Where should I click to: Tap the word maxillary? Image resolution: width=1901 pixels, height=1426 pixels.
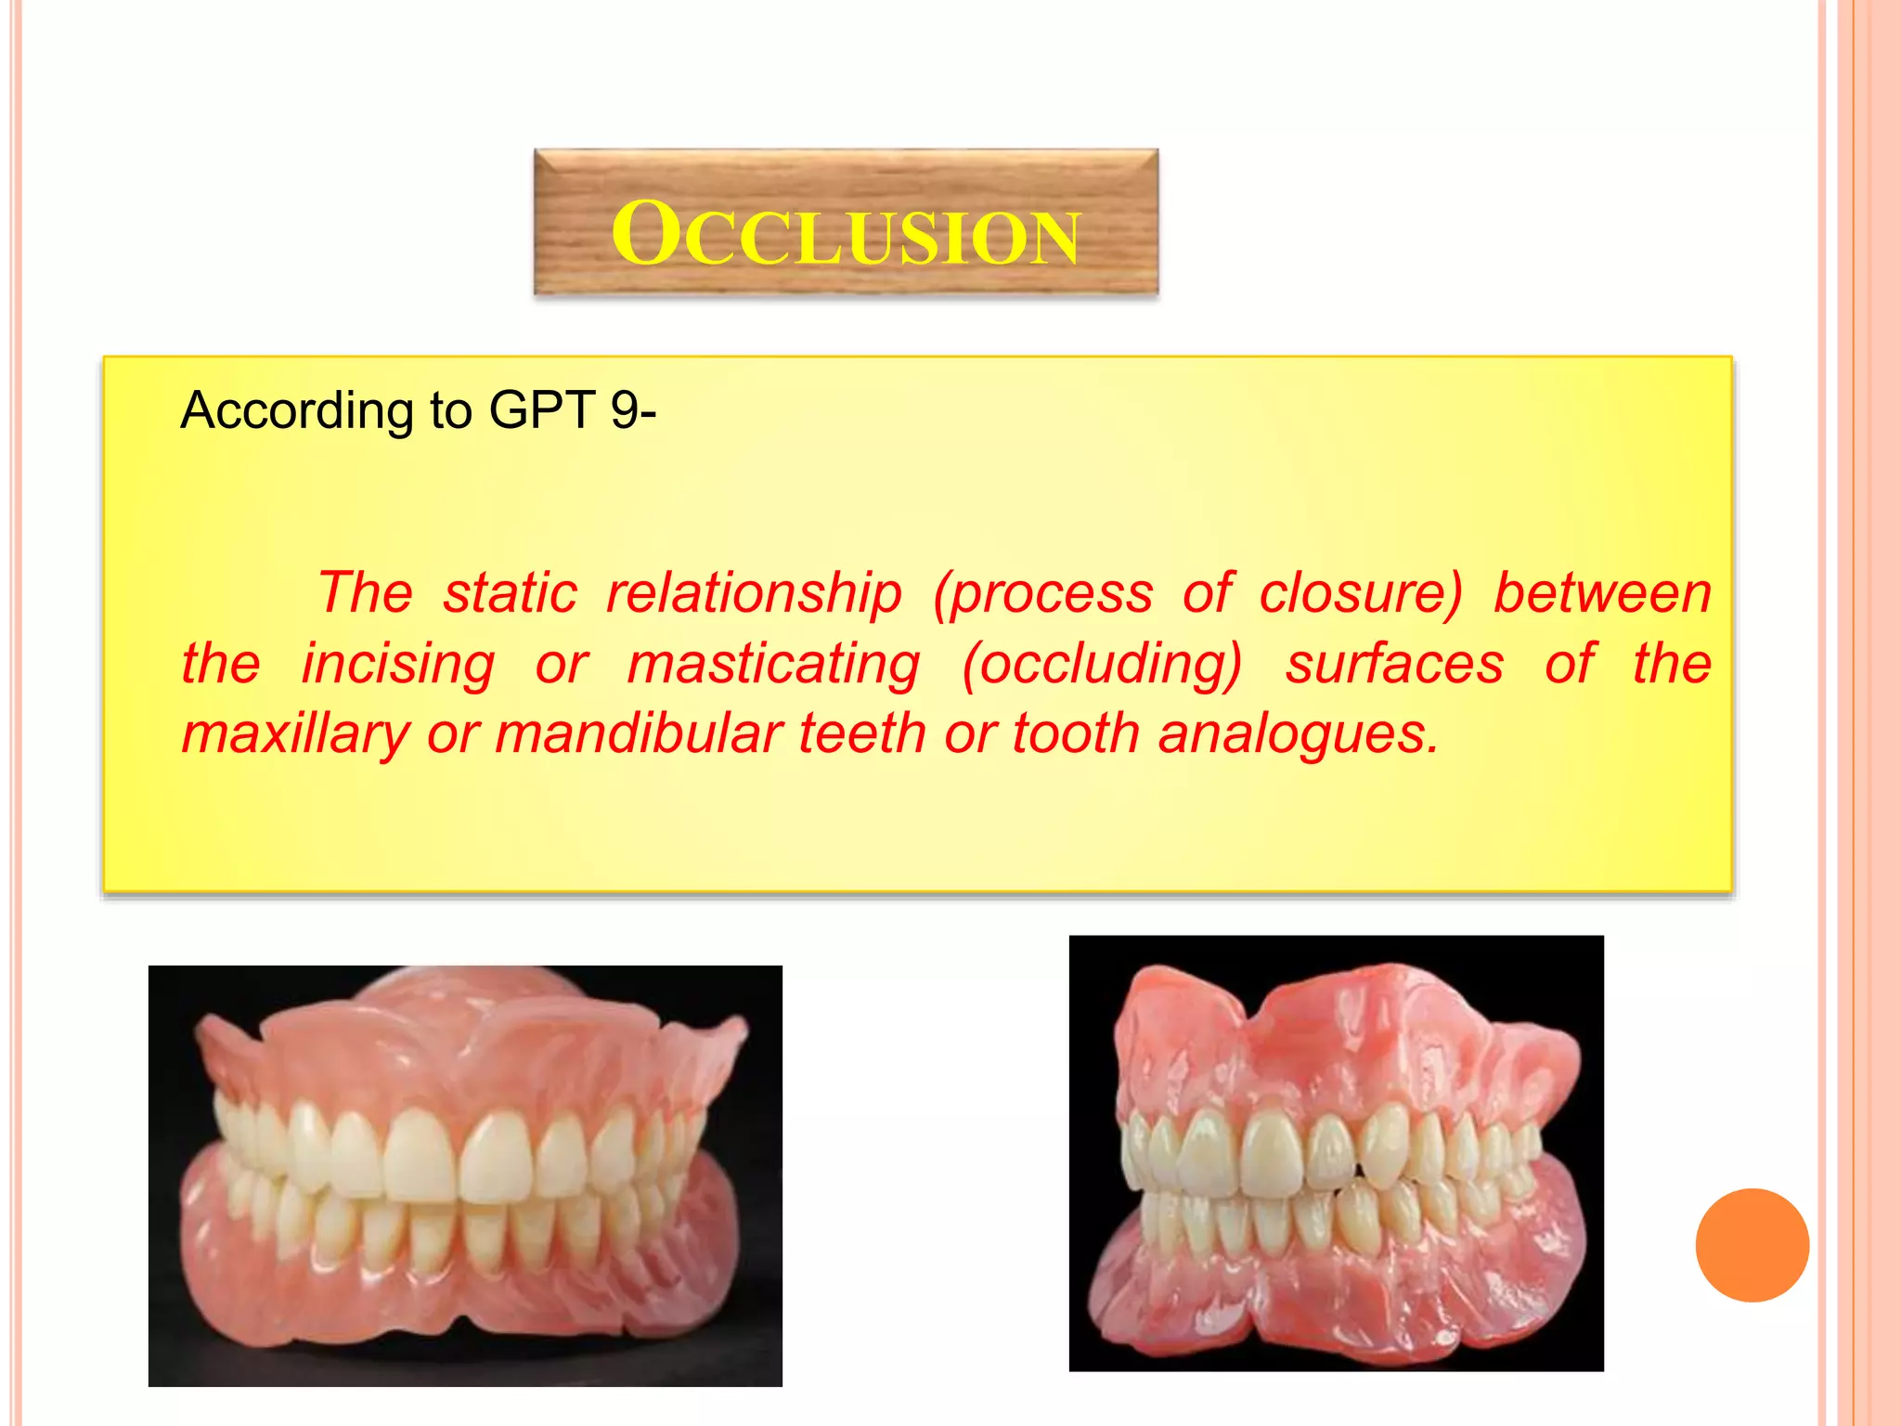point(295,733)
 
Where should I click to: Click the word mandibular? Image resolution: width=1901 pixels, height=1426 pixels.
point(640,733)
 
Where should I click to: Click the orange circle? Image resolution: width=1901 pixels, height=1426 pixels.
point(1752,1245)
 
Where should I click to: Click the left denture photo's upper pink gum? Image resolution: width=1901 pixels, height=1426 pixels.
point(464,1049)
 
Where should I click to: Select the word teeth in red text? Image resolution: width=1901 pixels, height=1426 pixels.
point(862,733)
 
